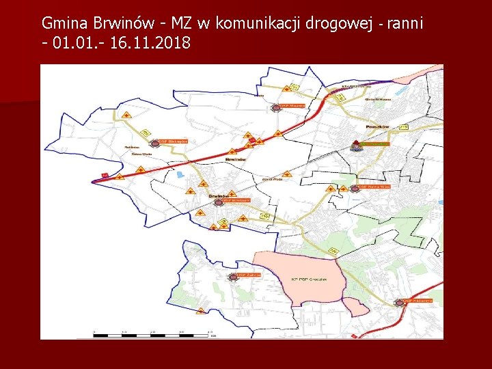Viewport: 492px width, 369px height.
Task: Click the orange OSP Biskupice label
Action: click(172, 142)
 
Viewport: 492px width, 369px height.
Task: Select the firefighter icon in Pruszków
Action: click(356, 145)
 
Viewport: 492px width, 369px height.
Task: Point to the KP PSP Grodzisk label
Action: click(310, 279)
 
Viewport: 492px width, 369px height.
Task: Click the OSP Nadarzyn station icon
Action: click(399, 302)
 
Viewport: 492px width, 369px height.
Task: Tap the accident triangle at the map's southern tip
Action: click(200, 311)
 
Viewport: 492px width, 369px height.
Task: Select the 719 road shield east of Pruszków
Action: click(403, 127)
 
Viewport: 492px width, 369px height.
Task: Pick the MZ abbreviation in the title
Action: click(182, 23)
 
